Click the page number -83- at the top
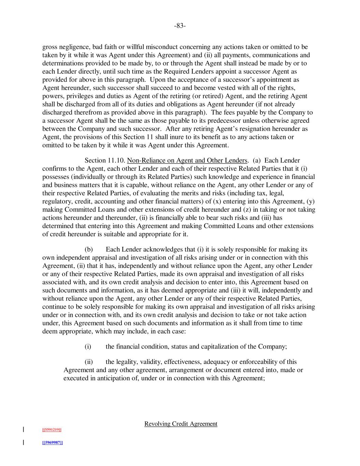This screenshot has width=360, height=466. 180,26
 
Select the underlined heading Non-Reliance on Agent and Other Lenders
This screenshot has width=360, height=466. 187,160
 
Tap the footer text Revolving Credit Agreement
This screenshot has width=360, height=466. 181,424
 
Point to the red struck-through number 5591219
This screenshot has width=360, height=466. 52,429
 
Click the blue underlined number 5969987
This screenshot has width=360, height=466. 52,442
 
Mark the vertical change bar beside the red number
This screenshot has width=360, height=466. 23,429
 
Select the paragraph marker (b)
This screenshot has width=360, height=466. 88,250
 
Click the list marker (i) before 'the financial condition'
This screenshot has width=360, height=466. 88,347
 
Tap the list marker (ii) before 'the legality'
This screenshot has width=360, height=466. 88,362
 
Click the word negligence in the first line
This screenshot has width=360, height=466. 73,47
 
